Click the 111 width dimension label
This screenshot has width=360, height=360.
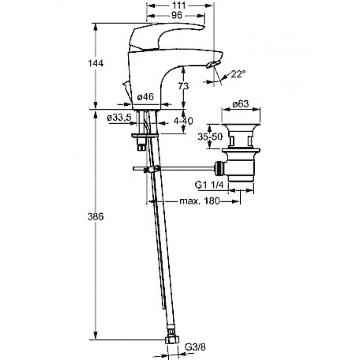179,5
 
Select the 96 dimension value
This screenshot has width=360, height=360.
177,15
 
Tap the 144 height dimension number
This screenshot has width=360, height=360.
96,63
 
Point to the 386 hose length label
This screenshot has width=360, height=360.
95,216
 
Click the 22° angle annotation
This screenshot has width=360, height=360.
238,74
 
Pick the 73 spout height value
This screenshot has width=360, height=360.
184,86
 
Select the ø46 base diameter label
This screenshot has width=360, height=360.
145,97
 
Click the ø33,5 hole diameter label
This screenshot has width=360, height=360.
119,118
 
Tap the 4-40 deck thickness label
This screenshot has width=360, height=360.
183,121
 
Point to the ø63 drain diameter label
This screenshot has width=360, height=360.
240,104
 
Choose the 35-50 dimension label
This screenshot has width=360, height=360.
210,137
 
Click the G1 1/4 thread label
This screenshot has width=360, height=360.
209,185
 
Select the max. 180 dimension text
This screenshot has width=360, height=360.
199,201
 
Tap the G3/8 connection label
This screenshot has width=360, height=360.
195,347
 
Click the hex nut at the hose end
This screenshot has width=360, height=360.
172,340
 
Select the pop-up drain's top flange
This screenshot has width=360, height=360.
241,125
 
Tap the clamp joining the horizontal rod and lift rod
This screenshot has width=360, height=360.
152,169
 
